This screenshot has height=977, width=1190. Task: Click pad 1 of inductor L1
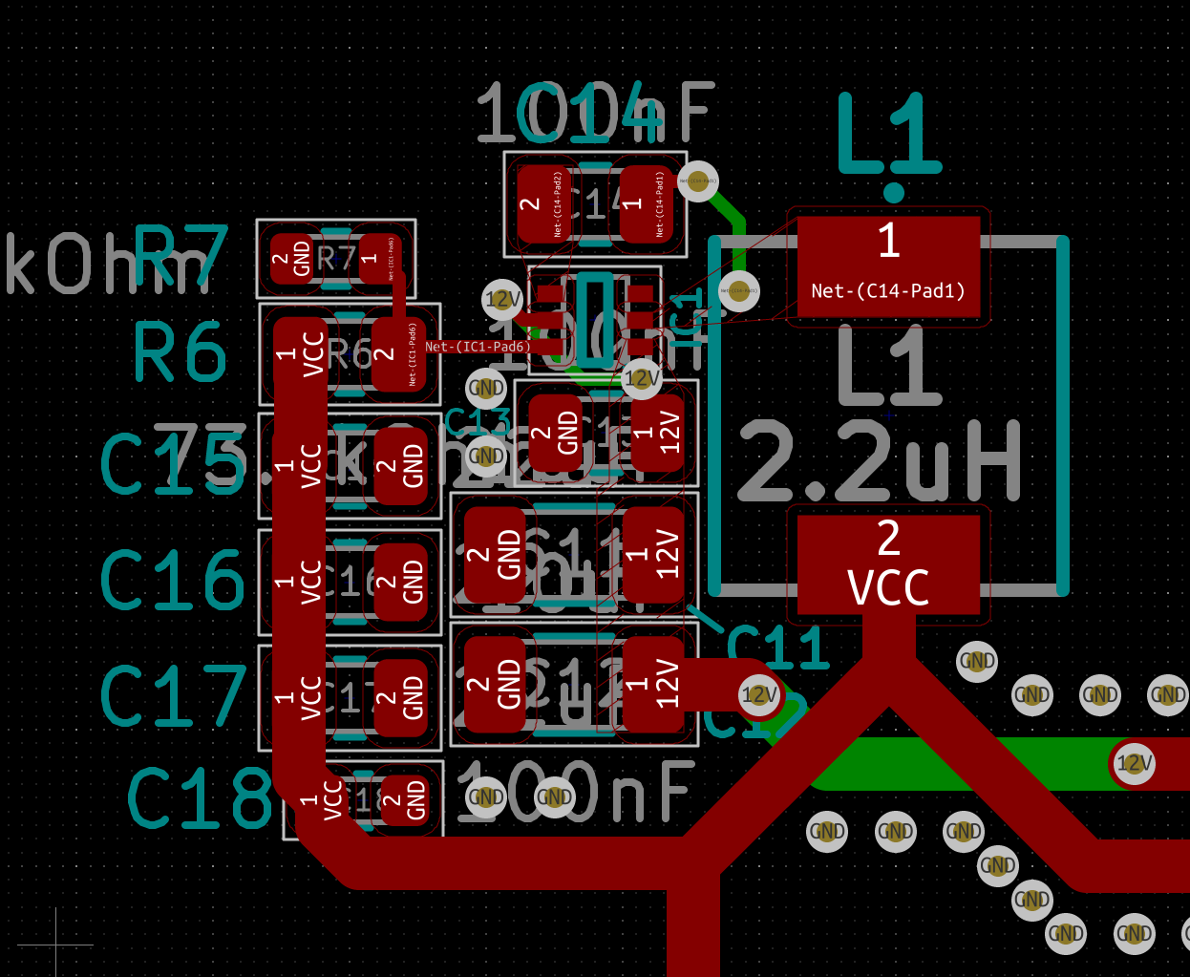[x=888, y=266]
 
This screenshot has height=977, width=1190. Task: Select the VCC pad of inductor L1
[x=888, y=564]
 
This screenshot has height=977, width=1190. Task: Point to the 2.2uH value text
[x=879, y=463]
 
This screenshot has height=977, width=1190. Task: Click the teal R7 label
[x=181, y=255]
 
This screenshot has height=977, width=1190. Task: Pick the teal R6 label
[x=180, y=352]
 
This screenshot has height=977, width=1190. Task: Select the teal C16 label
[x=173, y=580]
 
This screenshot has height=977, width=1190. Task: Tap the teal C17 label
[x=173, y=695]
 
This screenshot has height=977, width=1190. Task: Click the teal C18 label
[x=200, y=798]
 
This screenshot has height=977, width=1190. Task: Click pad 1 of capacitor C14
[x=646, y=203]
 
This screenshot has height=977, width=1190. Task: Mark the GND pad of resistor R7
[x=292, y=259]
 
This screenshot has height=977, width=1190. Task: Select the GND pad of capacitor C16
[x=401, y=582]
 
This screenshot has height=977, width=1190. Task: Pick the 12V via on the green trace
[x=1134, y=764]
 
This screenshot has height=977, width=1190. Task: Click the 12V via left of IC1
[x=502, y=300]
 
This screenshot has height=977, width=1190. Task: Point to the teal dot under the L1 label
[x=894, y=193]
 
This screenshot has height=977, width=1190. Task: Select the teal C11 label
[x=777, y=649]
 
